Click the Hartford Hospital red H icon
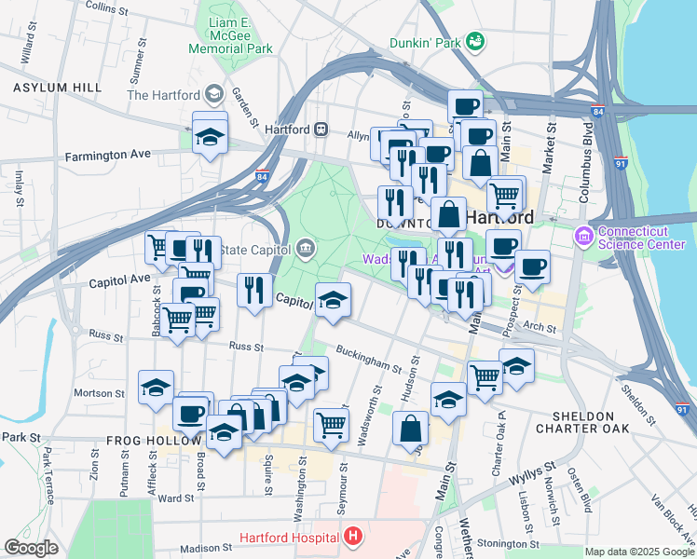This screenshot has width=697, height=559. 352,537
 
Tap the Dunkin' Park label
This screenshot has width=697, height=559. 426,42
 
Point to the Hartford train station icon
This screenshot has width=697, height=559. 320,130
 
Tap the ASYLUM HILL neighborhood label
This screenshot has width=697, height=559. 57,87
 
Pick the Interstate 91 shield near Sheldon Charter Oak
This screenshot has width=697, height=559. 682,408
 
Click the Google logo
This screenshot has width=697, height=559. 31,548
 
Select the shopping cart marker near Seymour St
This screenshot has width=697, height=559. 332,425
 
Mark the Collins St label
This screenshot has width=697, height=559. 107,8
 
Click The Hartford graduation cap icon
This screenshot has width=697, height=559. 214,94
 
